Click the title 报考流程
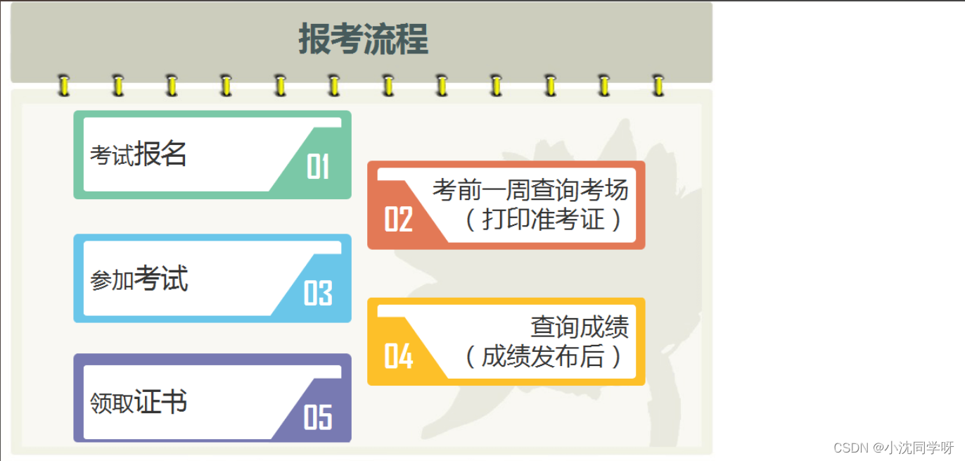[363, 39]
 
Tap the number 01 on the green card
[318, 168]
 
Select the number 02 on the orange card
[398, 220]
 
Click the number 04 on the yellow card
[398, 356]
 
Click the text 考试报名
[138, 153]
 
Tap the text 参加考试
[139, 279]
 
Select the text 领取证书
[139, 403]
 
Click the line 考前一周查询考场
[530, 190]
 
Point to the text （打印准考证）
[543, 220]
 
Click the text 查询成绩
[580, 327]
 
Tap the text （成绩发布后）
[543, 356]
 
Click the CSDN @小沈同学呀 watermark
[893, 448]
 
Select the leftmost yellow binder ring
[64, 86]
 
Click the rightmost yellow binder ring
[658, 86]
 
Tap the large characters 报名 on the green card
[160, 153]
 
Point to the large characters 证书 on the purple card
[161, 402]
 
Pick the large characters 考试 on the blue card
[161, 278]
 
